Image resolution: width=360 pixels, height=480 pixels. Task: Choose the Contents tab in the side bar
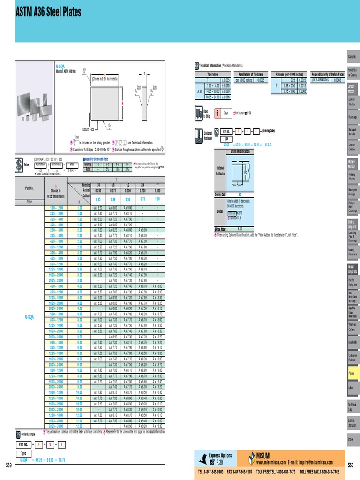(x=352, y=57)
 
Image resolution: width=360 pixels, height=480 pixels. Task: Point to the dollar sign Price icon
(x=19, y=165)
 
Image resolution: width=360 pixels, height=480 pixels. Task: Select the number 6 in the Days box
(x=217, y=113)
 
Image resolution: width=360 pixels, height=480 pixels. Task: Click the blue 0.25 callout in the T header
(x=98, y=199)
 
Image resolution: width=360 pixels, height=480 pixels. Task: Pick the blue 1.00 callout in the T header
(x=157, y=199)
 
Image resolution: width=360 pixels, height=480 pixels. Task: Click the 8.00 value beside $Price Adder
(x=240, y=228)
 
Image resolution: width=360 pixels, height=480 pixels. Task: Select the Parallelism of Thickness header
(x=251, y=74)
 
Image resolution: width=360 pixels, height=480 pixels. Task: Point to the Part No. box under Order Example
(x=24, y=443)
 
